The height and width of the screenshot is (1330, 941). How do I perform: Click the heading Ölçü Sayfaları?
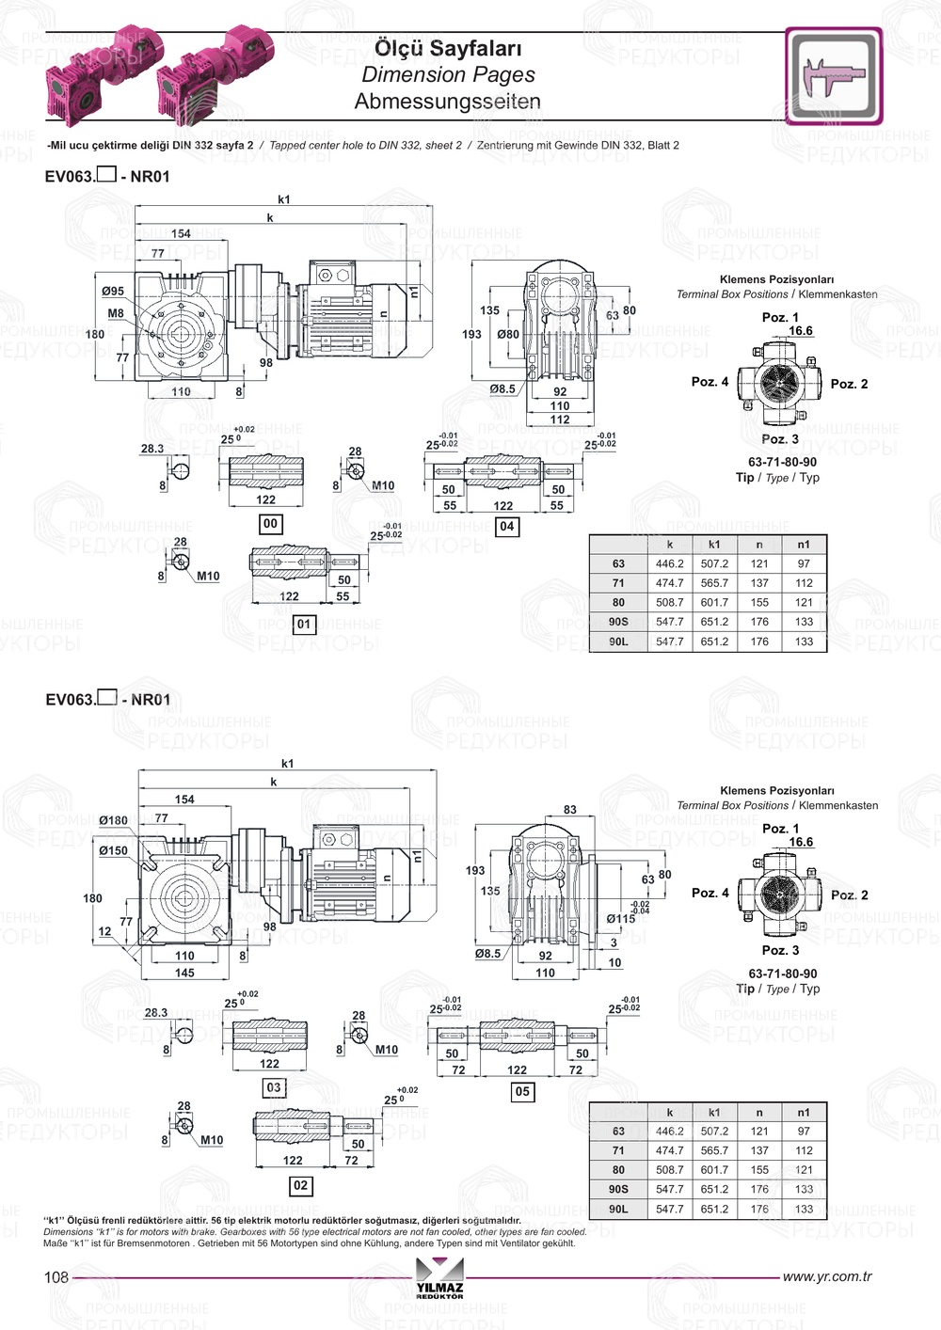(448, 48)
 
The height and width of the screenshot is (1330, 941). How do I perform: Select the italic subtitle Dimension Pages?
(448, 74)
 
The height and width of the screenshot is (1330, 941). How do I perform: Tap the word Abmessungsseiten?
(448, 102)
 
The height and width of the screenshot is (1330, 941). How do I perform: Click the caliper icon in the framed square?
(833, 75)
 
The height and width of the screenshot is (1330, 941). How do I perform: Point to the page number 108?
(56, 1277)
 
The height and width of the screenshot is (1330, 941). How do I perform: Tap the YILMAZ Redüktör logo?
(439, 1278)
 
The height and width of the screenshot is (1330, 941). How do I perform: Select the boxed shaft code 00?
(270, 523)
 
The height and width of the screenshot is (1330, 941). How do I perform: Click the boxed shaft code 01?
(303, 624)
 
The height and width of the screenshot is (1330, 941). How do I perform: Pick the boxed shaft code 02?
(300, 1185)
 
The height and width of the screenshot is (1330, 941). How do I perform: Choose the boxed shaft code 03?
(273, 1087)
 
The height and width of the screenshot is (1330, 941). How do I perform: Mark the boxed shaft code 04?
(507, 526)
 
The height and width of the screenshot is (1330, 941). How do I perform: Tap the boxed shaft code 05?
(522, 1091)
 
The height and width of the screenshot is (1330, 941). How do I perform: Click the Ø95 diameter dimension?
(113, 292)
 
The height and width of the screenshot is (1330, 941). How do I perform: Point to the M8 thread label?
(115, 313)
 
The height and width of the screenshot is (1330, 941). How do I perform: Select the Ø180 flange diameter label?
(113, 820)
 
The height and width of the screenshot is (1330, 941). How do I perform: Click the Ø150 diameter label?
(113, 850)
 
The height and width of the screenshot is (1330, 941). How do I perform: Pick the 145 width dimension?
(184, 973)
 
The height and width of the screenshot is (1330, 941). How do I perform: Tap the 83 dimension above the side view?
(570, 809)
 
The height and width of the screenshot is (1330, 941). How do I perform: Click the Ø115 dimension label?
(620, 918)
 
